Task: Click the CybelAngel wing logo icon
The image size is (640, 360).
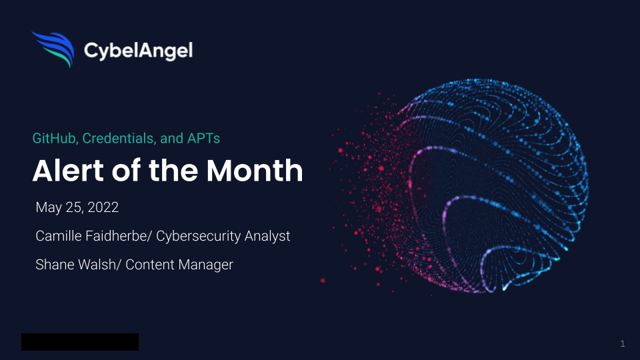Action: pos(53,49)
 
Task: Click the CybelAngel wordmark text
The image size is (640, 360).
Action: pos(138,51)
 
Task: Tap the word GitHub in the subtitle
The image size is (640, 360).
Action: pos(55,139)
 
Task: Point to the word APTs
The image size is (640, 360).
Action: pos(203,139)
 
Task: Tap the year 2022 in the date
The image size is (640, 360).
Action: pos(103,207)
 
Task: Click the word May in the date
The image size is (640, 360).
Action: pos(49,208)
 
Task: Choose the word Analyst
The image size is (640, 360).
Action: pos(267,236)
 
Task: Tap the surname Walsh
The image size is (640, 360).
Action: pos(97,265)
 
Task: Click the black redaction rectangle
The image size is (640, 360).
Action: pos(80,341)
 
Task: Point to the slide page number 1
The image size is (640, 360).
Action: pos(623,344)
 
